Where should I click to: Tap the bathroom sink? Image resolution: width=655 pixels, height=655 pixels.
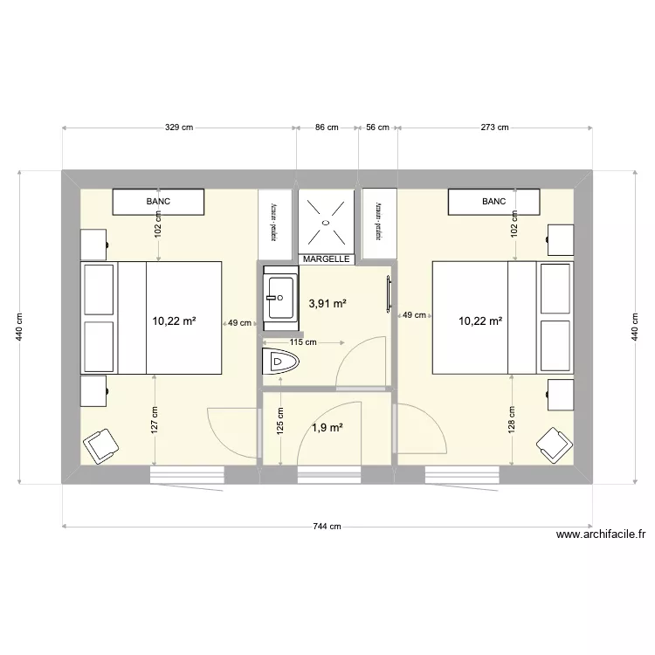pos(281,297)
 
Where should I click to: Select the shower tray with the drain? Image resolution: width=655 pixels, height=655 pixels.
pos(327,221)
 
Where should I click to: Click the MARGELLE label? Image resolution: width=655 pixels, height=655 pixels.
pos(327,259)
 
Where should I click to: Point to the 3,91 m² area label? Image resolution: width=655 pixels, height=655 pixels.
pos(327,304)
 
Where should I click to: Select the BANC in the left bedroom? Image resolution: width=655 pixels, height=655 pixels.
pos(159,202)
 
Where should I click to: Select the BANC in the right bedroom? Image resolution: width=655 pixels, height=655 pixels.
pos(493,202)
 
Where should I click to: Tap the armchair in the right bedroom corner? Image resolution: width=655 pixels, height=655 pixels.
pos(552,445)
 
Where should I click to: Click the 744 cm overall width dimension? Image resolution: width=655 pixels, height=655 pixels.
pos(327,526)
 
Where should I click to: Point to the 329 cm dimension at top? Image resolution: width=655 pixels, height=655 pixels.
pos(179,128)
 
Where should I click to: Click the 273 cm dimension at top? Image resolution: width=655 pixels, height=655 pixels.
pos(494,128)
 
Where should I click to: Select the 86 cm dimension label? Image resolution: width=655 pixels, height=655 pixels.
pos(327,128)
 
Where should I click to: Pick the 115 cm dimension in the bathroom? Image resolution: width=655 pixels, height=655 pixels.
pos(303,342)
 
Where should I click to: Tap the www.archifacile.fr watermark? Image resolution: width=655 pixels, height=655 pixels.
pos(599,535)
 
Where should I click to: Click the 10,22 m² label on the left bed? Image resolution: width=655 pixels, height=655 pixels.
pos(174,321)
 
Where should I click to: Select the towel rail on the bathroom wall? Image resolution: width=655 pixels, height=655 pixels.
pos(385,293)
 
